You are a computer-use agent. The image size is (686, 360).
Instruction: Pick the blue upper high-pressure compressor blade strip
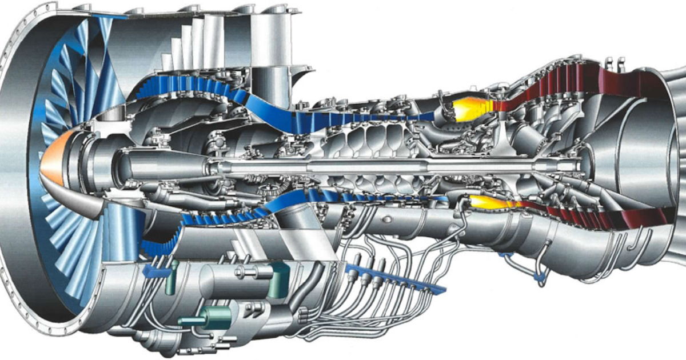[354, 117]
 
